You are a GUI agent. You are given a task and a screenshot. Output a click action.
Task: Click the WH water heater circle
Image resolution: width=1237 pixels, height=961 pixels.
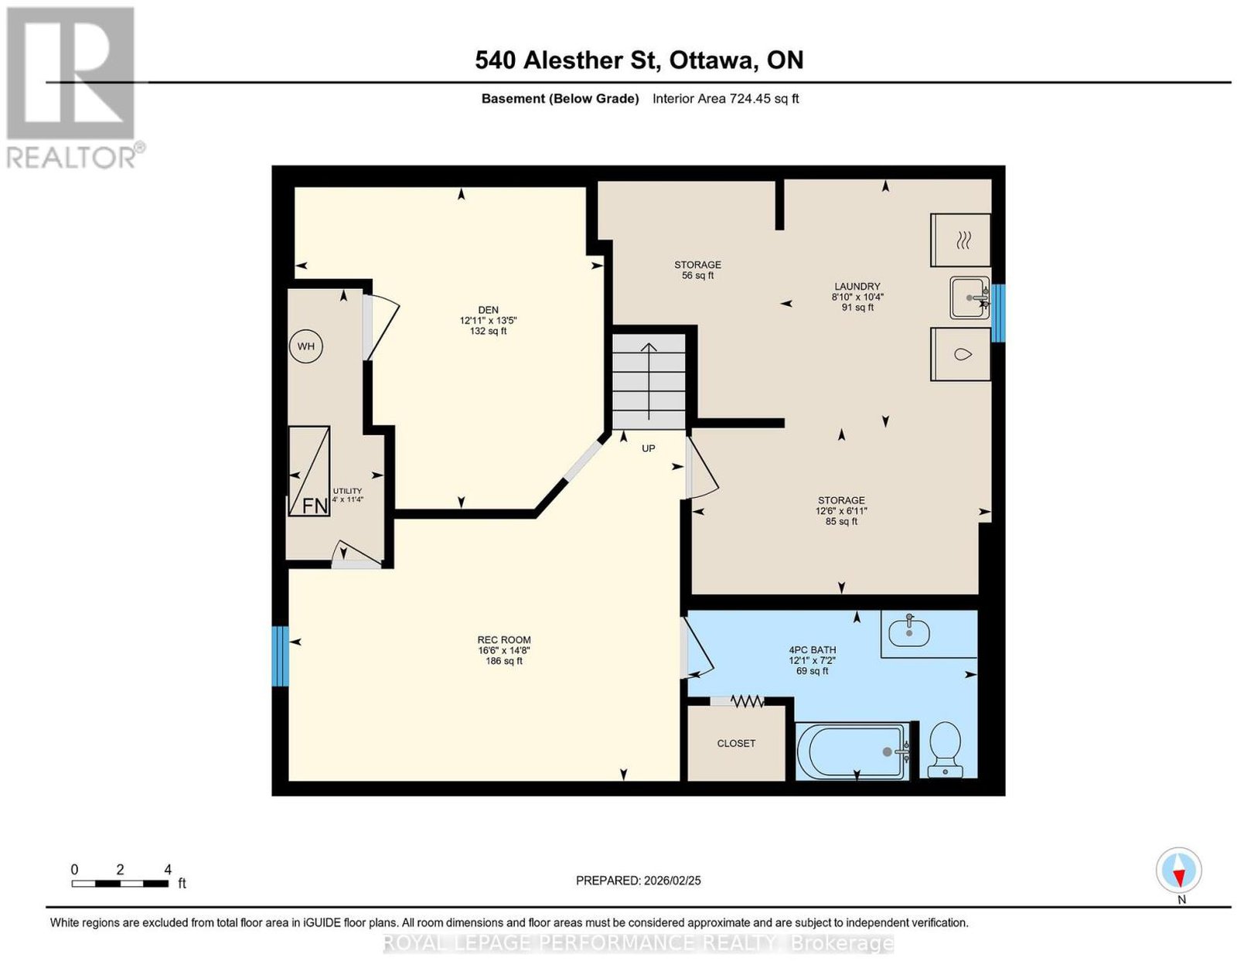305,346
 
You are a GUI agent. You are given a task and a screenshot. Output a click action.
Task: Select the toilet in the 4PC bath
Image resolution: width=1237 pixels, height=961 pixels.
945,748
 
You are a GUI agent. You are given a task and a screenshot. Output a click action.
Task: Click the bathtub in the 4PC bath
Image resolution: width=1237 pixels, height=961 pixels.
853,751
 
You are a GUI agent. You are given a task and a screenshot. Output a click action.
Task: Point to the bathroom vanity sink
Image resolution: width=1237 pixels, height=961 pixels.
909,632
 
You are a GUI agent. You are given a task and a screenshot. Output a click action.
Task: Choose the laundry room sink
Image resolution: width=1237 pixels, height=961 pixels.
969,298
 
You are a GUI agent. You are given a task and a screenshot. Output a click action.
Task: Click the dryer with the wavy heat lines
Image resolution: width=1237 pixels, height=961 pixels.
960,240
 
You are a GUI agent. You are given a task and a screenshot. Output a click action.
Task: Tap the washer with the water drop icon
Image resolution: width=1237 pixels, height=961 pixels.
960,354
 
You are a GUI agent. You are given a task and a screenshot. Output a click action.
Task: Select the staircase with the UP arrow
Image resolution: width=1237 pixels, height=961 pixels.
649,381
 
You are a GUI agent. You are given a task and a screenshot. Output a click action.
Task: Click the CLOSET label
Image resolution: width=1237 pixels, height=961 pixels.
736,743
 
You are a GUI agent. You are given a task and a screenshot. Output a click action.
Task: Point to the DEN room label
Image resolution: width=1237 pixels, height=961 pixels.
489,310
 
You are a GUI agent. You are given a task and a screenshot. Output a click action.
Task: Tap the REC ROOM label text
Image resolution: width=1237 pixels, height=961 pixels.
504,639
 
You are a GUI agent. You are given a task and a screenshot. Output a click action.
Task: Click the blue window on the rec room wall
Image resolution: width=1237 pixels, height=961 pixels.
280,656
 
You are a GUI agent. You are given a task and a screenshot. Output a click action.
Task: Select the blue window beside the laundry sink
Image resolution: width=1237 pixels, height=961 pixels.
998,313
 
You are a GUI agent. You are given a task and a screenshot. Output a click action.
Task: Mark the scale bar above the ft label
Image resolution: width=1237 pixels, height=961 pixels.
120,884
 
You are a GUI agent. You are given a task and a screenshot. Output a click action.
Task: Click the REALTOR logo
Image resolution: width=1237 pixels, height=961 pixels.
73,88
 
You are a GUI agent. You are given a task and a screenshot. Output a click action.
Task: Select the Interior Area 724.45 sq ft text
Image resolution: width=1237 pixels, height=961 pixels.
726,98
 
